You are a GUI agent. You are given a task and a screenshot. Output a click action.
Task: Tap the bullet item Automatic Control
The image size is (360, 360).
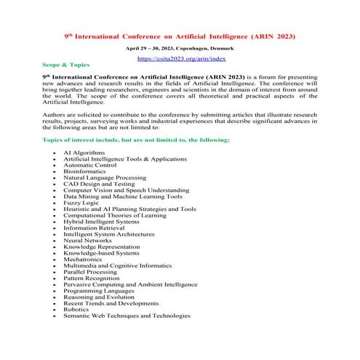pyautogui.click(x=89, y=165)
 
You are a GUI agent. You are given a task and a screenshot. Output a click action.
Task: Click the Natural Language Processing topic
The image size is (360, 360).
pyautogui.click(x=105, y=178)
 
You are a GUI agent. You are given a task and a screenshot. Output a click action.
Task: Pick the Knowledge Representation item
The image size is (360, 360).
pyautogui.click(x=103, y=247)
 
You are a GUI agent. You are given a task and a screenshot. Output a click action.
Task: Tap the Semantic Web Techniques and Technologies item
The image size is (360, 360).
pyautogui.click(x=127, y=316)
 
